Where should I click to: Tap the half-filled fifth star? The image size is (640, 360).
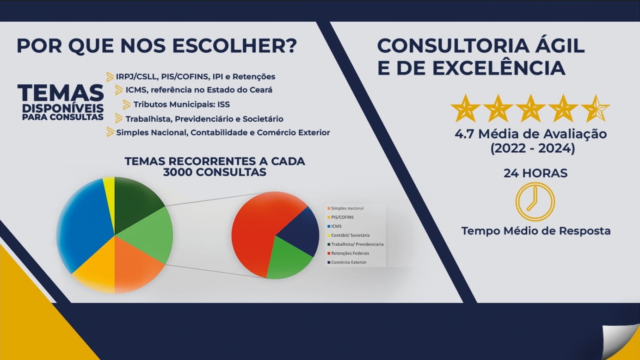(x=596, y=109)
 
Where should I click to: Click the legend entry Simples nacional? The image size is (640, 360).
(x=345, y=208)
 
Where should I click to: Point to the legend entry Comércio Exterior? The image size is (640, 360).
(x=347, y=262)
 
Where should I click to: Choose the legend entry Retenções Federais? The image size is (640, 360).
(x=348, y=254)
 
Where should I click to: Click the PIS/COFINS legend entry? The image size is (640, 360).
(x=340, y=217)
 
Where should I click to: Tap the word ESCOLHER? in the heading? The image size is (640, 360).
(x=234, y=46)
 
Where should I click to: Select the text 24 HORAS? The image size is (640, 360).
(x=535, y=173)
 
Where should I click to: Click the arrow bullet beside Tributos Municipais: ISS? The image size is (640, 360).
(x=127, y=105)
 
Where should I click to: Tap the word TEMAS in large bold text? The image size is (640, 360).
(x=61, y=93)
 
